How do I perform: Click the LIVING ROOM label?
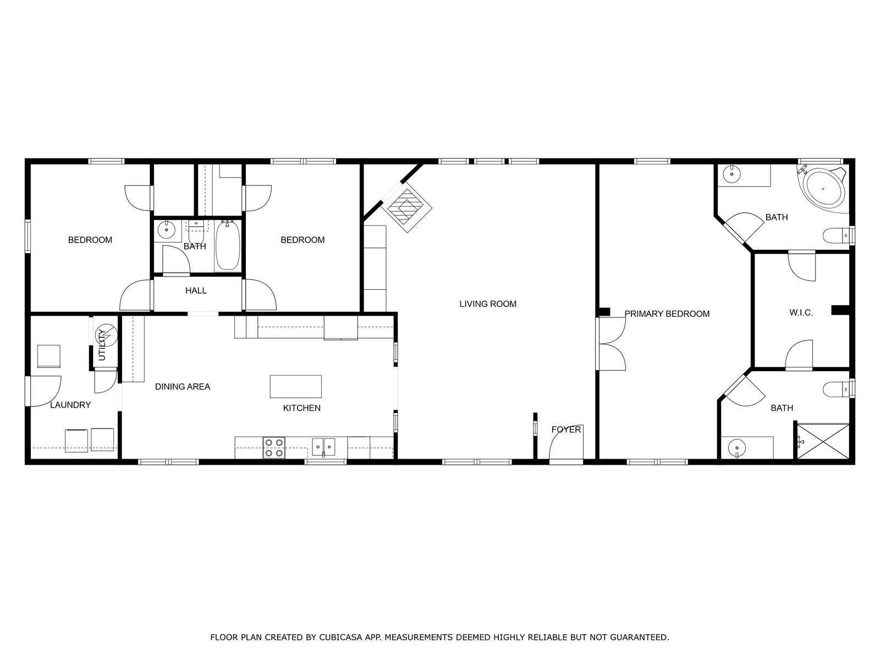click(487, 304)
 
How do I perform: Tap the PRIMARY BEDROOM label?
click(667, 314)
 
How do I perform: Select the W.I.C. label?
click(801, 313)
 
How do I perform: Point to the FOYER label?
click(566, 430)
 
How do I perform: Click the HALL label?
click(196, 290)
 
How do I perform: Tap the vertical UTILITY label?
click(102, 345)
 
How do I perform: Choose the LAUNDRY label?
click(70, 405)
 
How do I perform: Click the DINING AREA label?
click(183, 387)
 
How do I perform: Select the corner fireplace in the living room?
click(406, 207)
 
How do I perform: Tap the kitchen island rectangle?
click(295, 386)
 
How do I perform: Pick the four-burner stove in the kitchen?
click(274, 448)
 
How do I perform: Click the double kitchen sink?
click(323, 447)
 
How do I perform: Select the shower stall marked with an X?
click(823, 441)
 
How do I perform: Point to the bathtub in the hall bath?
click(227, 246)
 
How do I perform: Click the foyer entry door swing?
click(566, 442)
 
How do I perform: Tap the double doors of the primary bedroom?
click(612, 344)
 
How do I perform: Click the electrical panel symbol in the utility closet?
click(106, 335)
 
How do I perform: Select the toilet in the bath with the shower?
click(835, 389)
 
